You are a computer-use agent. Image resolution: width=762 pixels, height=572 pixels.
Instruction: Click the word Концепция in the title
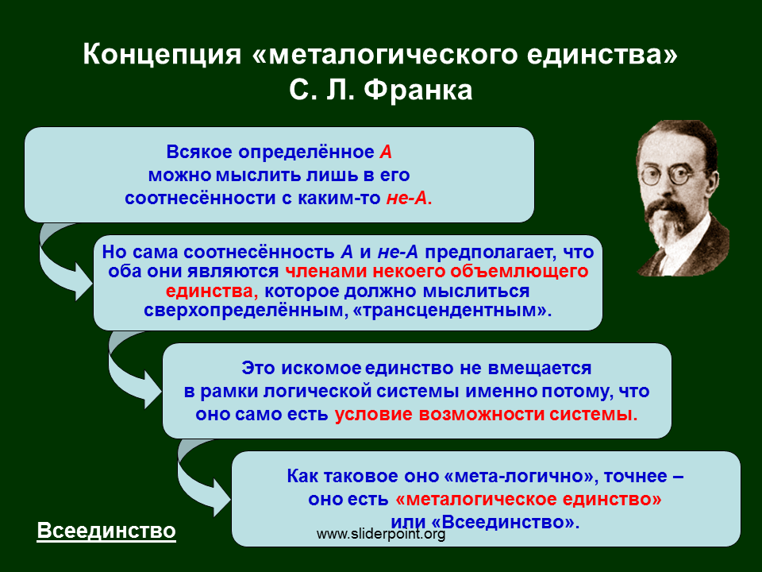pos(162,55)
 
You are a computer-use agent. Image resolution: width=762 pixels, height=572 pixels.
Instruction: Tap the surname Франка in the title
pos(418,91)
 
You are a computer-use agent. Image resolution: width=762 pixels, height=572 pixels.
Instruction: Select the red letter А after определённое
pos(386,153)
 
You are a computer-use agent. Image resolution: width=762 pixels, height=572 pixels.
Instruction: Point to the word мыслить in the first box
pos(253,175)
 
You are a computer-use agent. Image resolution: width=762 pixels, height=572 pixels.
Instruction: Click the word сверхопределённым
pos(244,311)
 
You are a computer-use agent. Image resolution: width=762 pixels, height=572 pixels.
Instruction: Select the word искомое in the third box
pos(321,368)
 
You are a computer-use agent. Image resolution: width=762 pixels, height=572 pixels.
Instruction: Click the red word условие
pos(373,415)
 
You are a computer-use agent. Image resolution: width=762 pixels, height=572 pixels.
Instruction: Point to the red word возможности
pos(482,415)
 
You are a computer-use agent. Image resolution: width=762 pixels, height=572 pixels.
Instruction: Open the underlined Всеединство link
pos(106,531)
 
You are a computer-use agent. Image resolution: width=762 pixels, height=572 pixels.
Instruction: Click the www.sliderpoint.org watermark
pos(381,534)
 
